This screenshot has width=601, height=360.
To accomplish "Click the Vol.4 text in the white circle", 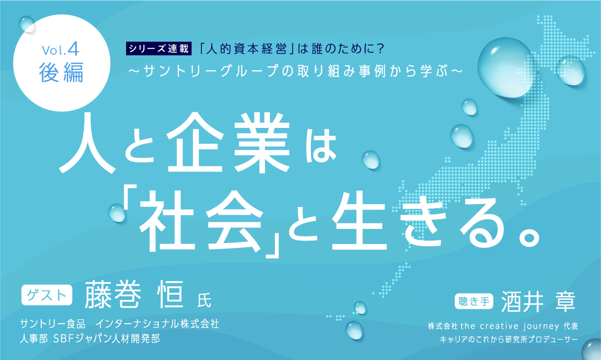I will pos(62,49).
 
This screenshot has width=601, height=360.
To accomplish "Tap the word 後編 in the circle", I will pos(62,72).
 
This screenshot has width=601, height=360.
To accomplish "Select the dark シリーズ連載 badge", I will pos(158,49).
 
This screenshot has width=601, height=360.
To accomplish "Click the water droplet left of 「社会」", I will pos(117,213).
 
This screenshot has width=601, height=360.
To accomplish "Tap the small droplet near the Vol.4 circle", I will pos(27,24).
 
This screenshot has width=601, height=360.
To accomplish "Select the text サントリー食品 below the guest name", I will pos(53,324).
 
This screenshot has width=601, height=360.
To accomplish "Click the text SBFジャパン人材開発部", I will pos(107,340).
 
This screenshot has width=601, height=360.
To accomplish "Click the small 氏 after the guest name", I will pos(203,299).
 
